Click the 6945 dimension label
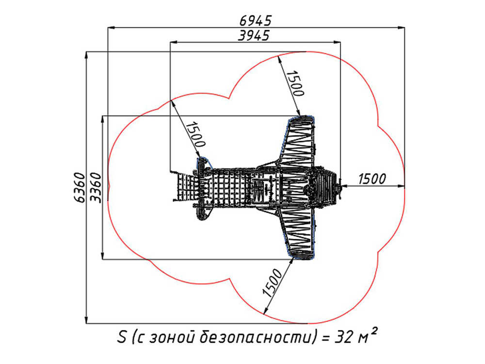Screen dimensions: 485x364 tap(256, 21)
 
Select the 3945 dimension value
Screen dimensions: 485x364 tap(254, 35)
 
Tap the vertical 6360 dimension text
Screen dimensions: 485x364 tap(80, 187)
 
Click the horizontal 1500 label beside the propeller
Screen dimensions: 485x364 tap(372, 179)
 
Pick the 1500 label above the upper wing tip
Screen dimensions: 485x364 tap(295, 83)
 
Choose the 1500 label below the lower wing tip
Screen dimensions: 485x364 tap(273, 283)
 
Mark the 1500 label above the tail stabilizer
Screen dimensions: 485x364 tap(195, 134)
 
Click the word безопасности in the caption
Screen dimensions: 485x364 tap(254, 337)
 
